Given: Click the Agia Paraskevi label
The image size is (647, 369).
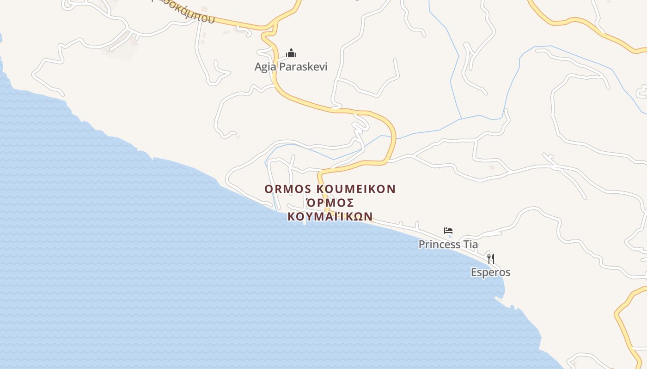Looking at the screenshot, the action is click(291, 67).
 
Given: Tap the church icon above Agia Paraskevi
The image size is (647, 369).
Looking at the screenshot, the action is click(291, 53).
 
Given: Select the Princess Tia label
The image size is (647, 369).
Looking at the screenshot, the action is click(448, 244).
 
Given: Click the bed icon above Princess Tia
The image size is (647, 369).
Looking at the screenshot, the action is click(448, 230).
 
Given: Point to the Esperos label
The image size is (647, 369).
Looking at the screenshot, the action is click(490, 272).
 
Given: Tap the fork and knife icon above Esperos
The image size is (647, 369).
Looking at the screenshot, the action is click(491, 258).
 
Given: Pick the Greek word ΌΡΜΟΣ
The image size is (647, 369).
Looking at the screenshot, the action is click(330, 203).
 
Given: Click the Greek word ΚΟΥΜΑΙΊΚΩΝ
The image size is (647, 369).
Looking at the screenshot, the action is click(330, 216).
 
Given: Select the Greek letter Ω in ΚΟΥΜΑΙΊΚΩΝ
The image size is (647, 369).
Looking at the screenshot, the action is click(357, 216).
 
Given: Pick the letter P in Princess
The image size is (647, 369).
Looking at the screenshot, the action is click(421, 244).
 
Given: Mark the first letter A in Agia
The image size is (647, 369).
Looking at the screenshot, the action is click(258, 67).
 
